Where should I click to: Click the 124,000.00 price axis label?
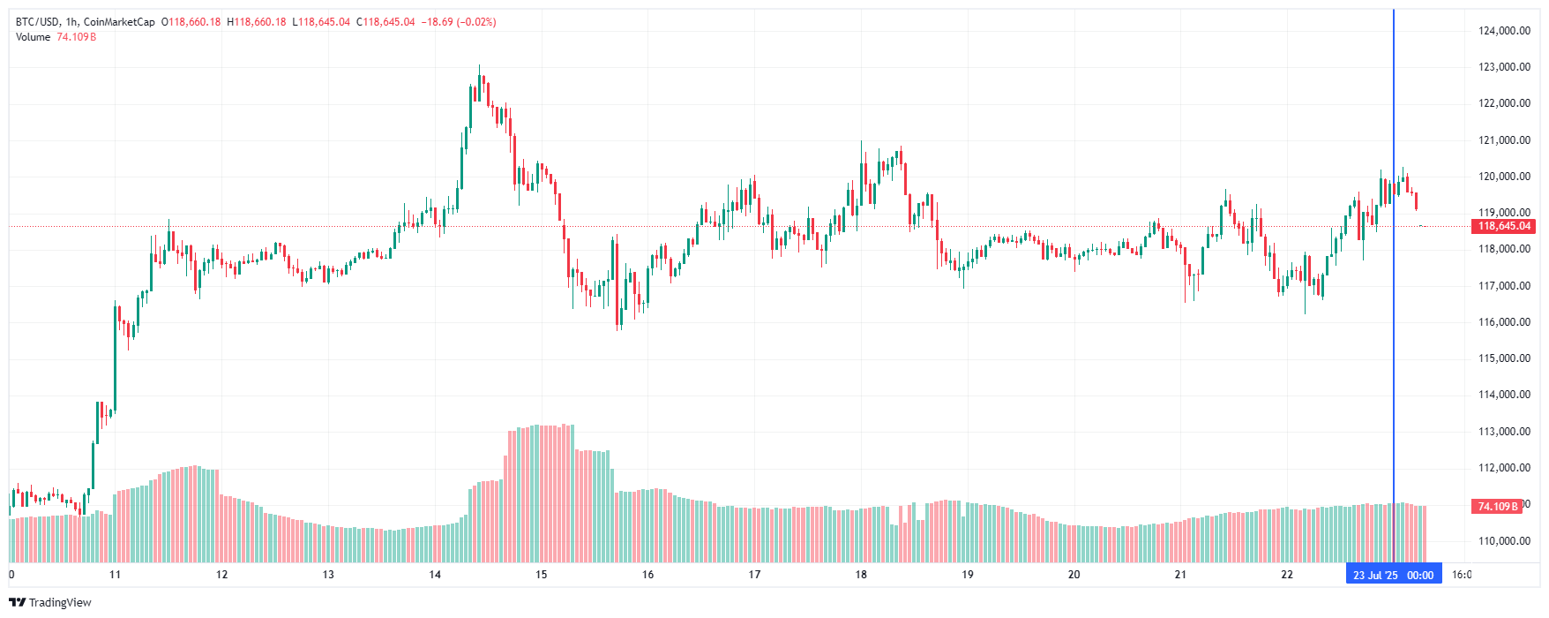click(x=1504, y=31)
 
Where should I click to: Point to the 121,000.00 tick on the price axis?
click(x=1504, y=140)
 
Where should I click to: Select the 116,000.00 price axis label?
click(x=1504, y=322)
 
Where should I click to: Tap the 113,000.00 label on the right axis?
click(x=1504, y=432)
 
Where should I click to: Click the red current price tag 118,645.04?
click(x=1504, y=226)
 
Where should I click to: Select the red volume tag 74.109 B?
click(x=1498, y=507)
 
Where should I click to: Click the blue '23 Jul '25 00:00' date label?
click(x=1393, y=575)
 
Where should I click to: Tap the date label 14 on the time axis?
click(x=435, y=575)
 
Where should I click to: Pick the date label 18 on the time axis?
click(x=861, y=575)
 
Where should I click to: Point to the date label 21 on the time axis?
click(x=1180, y=575)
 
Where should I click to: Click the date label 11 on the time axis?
click(x=115, y=575)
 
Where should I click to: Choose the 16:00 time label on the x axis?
click(x=1462, y=575)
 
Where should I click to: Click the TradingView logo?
click(x=50, y=602)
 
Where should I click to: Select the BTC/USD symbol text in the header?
click(x=37, y=22)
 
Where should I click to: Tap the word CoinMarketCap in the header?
click(x=119, y=22)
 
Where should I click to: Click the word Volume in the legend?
click(x=33, y=37)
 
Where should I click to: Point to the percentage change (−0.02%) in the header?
click(x=476, y=22)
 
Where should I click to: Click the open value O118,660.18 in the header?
click(x=191, y=22)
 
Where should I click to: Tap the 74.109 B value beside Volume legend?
click(x=77, y=37)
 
